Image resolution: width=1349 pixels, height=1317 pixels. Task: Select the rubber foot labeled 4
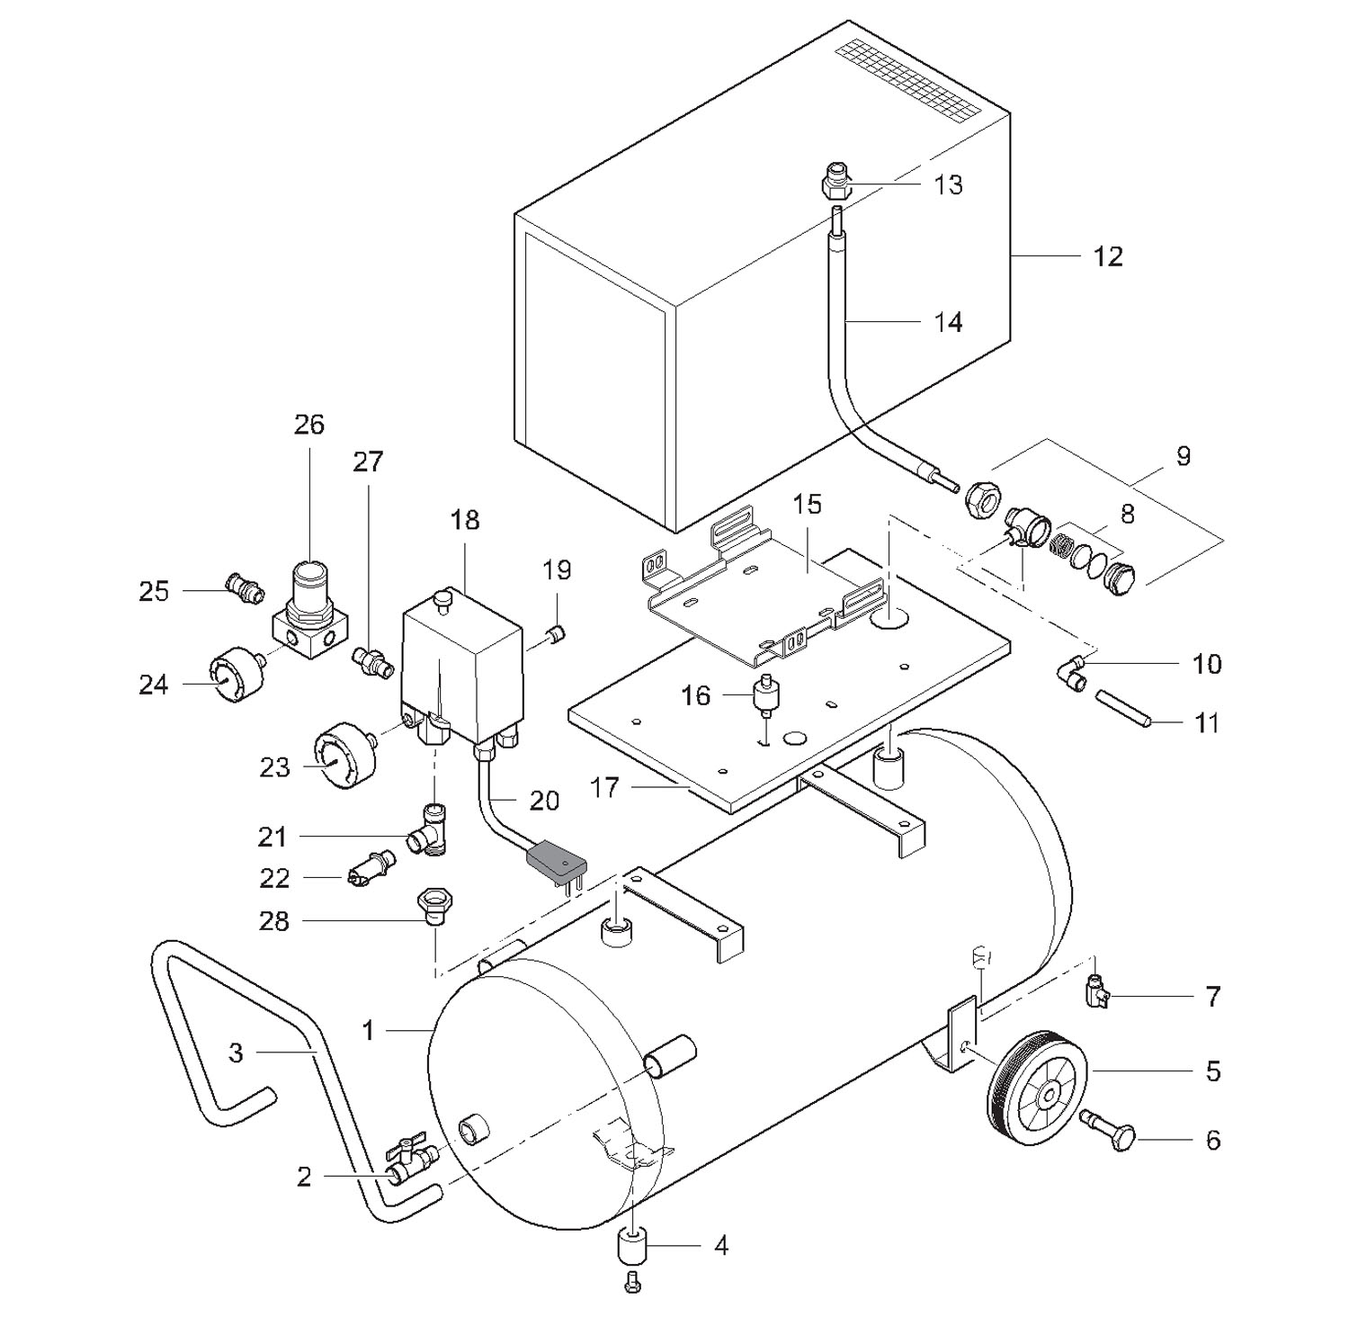(632, 1249)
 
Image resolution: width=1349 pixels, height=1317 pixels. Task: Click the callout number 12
(1108, 257)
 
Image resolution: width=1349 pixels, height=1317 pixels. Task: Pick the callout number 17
(604, 788)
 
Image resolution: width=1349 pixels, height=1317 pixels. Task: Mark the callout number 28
(274, 921)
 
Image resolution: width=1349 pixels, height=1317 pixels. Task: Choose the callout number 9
(1183, 456)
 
